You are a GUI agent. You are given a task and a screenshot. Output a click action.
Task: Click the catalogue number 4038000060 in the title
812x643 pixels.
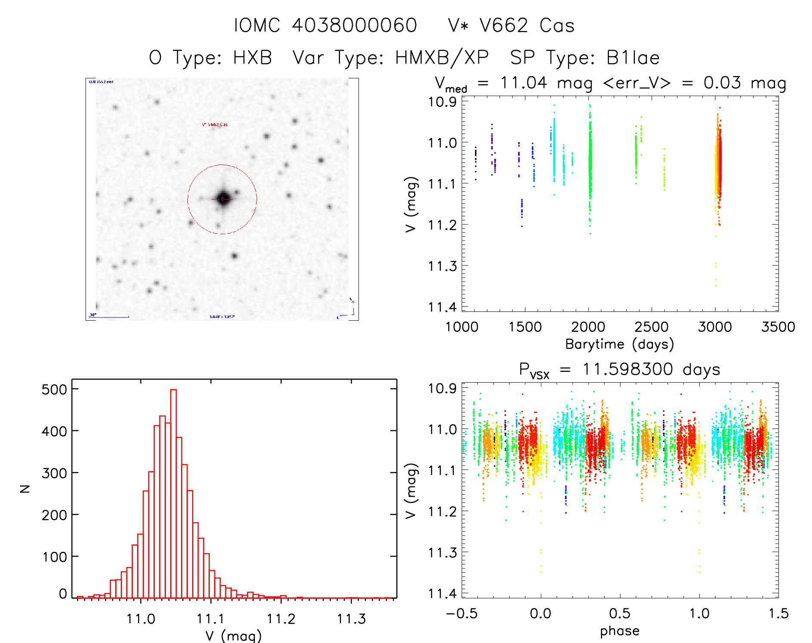tap(354, 25)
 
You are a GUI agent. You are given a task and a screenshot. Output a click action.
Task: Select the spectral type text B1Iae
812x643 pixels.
tap(633, 58)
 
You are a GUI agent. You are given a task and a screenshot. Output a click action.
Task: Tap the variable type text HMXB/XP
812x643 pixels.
tap(442, 58)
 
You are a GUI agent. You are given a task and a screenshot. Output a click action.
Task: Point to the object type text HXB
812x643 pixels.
tap(253, 58)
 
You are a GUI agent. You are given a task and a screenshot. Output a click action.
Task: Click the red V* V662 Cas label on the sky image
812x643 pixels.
tap(215, 125)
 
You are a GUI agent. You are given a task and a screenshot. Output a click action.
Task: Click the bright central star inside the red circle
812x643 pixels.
tap(223, 198)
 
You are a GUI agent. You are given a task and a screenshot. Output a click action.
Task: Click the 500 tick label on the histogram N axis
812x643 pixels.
tap(55, 390)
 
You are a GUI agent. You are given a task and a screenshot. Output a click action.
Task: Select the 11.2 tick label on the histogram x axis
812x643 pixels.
tap(281, 619)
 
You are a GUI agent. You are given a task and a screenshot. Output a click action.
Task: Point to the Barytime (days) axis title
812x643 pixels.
tap(619, 344)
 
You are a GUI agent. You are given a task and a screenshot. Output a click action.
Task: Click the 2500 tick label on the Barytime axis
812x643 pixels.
tap(651, 327)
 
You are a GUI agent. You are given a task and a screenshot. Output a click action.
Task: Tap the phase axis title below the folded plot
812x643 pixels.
tap(619, 631)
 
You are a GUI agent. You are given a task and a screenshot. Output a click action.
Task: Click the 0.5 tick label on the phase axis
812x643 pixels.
tap(620, 613)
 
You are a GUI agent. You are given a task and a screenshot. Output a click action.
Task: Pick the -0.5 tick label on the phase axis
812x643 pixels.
tap(462, 613)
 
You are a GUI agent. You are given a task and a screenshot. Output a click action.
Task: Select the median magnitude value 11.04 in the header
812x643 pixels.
tap(524, 83)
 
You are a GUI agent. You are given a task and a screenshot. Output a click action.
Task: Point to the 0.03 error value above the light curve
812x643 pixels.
tap(722, 83)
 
